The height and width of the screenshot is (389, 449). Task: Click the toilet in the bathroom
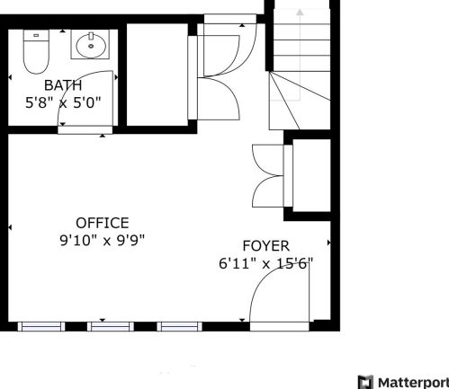click(x=36, y=51)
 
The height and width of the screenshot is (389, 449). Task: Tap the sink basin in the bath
click(x=91, y=46)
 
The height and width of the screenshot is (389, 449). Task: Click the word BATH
click(x=63, y=85)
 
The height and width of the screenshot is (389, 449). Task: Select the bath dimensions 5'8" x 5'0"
click(x=63, y=102)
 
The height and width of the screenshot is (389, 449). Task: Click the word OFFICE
click(x=103, y=223)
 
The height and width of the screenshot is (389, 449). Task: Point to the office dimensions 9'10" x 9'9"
click(x=103, y=240)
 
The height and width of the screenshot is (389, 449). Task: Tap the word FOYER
click(x=266, y=246)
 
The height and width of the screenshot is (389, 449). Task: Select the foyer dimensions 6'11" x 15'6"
click(x=266, y=264)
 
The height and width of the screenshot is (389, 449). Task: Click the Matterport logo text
click(x=413, y=383)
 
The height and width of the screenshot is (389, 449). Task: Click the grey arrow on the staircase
click(x=300, y=54)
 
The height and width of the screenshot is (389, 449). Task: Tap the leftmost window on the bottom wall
click(x=41, y=326)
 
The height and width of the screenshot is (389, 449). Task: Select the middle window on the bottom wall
click(x=111, y=326)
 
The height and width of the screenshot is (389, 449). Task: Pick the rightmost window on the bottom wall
click(x=179, y=326)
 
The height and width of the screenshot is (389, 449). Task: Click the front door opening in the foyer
click(x=280, y=326)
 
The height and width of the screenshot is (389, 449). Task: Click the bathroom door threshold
click(x=85, y=130)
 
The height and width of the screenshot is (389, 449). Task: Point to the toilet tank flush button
click(x=36, y=35)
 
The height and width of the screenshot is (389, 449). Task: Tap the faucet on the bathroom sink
click(x=91, y=36)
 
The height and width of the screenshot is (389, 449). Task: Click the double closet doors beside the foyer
click(x=268, y=176)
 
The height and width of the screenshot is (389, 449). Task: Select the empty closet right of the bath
click(x=157, y=75)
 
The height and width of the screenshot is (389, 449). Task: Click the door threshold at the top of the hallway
click(x=230, y=19)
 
